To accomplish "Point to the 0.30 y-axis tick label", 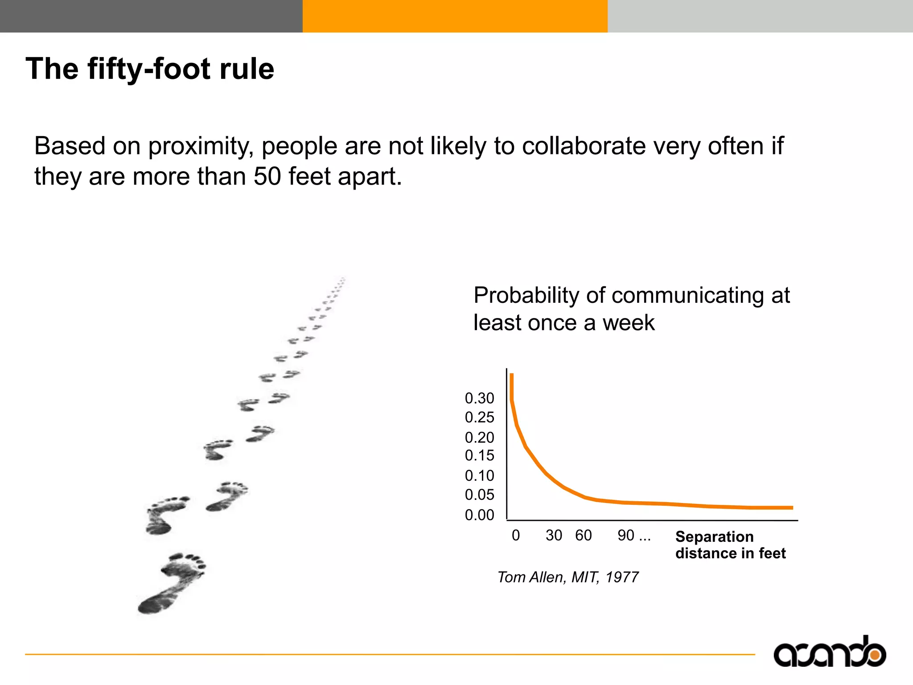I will (x=479, y=398).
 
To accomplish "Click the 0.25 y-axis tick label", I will (x=479, y=417).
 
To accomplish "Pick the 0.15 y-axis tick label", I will (x=479, y=456).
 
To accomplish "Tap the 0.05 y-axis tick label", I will (x=479, y=495).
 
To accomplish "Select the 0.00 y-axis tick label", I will (x=479, y=515).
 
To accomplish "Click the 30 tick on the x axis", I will (x=554, y=535).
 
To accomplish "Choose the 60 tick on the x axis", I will (x=583, y=535).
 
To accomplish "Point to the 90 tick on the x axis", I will (x=626, y=535).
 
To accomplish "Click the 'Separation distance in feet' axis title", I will (x=730, y=545).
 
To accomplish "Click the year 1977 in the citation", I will (x=621, y=577).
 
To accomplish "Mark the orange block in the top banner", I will (x=455, y=16).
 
